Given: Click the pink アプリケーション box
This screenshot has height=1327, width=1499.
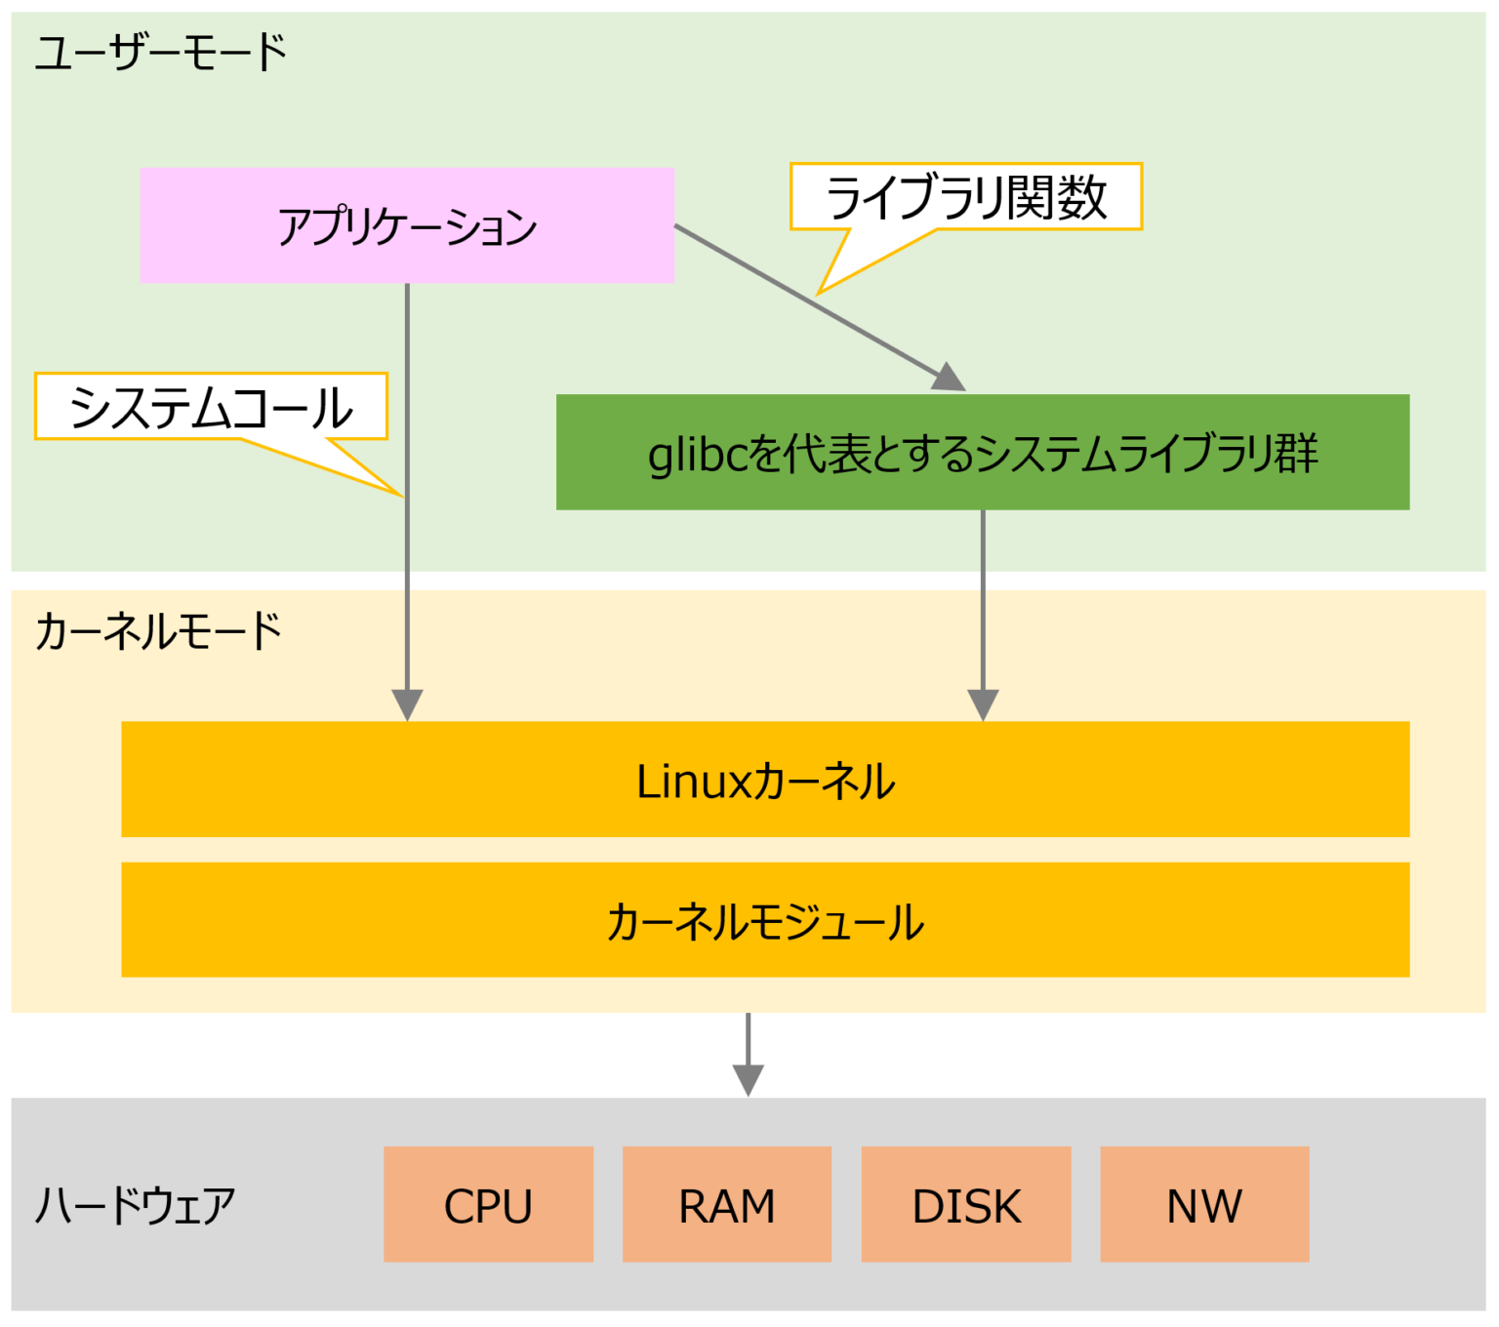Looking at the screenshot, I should [407, 225].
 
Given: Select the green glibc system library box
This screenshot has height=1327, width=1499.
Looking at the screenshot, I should [982, 452].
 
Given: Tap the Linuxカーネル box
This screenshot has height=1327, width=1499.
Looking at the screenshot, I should [765, 780].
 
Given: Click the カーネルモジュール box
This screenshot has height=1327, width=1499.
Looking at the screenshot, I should [765, 920].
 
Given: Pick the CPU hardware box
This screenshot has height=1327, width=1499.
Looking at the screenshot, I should [488, 1204].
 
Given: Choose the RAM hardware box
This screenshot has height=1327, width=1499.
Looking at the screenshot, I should [727, 1204].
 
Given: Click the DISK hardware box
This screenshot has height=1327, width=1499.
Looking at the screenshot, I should [966, 1204].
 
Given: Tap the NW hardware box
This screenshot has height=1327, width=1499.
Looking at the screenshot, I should [1204, 1204].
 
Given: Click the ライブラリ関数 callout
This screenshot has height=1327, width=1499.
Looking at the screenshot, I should [965, 197].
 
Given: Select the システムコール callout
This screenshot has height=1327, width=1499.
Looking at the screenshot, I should [211, 407].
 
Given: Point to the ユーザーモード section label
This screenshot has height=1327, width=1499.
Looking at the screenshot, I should [161, 52].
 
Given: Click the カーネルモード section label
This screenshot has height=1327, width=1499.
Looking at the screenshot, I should [158, 631].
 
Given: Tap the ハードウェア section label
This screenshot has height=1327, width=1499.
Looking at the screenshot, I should [136, 1206].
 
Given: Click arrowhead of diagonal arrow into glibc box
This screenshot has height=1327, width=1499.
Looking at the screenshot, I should [948, 379].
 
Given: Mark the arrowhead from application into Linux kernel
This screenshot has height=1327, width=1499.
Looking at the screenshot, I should [407, 704].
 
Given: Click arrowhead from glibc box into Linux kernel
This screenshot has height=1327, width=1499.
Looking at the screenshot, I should [983, 704].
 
